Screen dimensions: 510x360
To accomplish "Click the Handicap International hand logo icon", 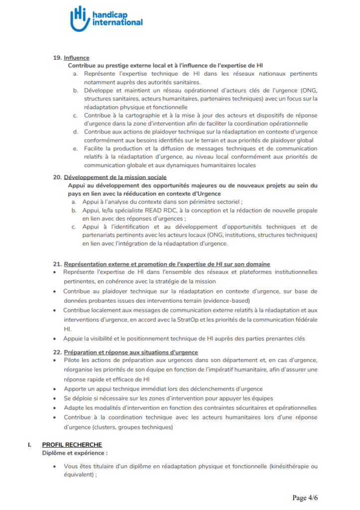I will [x=79, y=18].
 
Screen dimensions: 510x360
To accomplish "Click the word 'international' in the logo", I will [x=117, y=22].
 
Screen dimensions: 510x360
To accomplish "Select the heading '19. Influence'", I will [x=71, y=58].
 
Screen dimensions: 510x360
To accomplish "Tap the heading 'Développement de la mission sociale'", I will [x=115, y=177].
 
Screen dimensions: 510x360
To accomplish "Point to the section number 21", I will [x=57, y=264].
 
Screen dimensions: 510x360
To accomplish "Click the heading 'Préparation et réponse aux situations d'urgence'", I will [x=130, y=352].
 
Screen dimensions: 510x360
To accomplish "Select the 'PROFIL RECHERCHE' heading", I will [x=72, y=445].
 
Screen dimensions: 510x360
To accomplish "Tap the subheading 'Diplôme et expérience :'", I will [x=75, y=453].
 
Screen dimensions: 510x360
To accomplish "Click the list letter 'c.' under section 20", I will [x=73, y=227].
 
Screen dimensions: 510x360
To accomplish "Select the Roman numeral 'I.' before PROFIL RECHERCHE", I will [x=30, y=445].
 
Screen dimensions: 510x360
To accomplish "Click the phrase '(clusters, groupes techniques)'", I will [x=134, y=427].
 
